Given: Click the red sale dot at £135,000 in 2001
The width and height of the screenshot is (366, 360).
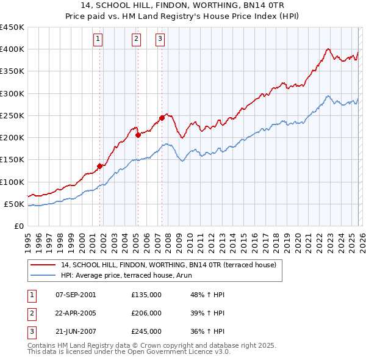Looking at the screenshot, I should (x=99, y=165).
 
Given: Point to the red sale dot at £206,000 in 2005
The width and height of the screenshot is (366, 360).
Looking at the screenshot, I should (x=138, y=135).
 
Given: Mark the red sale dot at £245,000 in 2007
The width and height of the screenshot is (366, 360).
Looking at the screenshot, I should (x=162, y=117).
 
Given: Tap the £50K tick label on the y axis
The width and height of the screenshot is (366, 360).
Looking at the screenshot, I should (x=15, y=204).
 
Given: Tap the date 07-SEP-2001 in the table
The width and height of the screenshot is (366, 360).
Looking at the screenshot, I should (x=76, y=294).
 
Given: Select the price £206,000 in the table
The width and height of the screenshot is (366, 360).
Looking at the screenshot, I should (x=146, y=312).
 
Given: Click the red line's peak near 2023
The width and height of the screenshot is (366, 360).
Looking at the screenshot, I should (x=328, y=49).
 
